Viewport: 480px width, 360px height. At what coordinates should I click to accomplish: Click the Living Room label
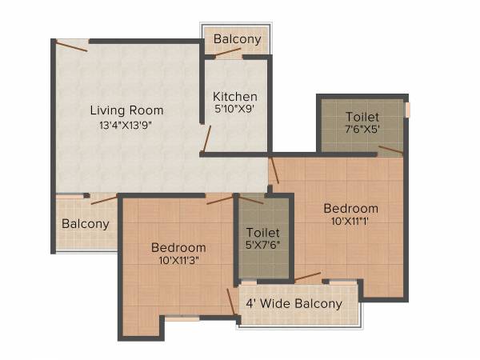click(x=126, y=110)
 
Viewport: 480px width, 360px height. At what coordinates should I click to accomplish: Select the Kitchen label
click(x=234, y=97)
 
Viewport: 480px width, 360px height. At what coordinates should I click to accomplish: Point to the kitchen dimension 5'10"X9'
click(x=234, y=110)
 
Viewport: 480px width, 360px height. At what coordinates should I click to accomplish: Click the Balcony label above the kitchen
click(x=237, y=39)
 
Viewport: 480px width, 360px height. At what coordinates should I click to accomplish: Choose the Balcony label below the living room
click(x=85, y=224)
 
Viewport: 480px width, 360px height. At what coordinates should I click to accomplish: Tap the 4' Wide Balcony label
click(x=294, y=303)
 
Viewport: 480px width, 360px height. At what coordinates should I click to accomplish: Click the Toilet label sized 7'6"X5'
click(x=362, y=116)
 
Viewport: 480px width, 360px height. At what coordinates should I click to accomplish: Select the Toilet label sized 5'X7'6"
click(x=262, y=232)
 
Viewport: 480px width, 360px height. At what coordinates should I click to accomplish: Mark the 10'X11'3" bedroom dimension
click(x=179, y=261)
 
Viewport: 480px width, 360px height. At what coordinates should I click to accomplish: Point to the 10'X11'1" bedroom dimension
click(x=350, y=222)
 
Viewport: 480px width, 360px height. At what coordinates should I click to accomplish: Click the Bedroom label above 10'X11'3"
click(x=178, y=247)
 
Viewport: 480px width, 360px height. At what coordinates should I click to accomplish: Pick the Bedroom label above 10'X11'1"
click(x=350, y=209)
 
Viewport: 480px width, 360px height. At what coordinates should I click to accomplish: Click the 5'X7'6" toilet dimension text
click(x=262, y=246)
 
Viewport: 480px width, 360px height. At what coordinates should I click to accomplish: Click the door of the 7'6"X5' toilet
click(x=390, y=150)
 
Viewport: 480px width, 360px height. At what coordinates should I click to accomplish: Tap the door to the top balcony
click(x=228, y=54)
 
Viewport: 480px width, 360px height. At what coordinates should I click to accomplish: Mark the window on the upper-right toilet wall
click(x=407, y=110)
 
